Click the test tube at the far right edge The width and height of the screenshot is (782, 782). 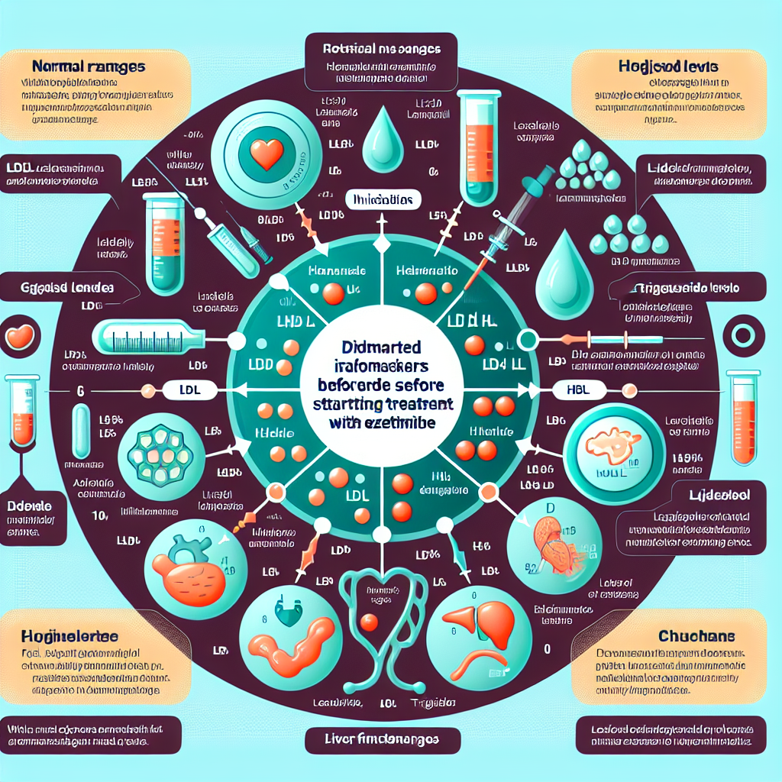[x=744, y=416]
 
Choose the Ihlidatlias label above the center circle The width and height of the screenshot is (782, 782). [x=385, y=199]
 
